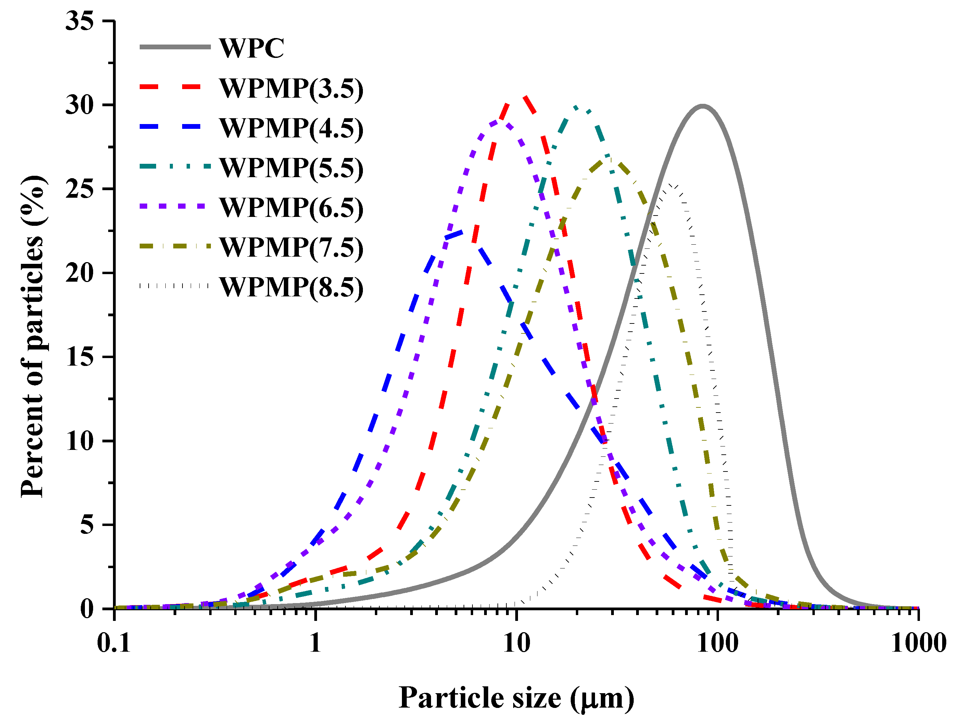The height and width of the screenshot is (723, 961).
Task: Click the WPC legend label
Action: (x=252, y=48)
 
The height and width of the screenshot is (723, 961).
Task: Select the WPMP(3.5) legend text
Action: (x=291, y=89)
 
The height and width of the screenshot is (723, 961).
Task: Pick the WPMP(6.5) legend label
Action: (x=291, y=207)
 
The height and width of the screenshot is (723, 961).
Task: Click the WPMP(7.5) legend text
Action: (x=291, y=247)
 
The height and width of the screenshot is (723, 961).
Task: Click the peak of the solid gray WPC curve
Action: (x=703, y=106)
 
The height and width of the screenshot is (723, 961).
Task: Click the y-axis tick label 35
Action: (x=79, y=21)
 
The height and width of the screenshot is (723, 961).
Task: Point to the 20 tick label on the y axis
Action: (x=79, y=273)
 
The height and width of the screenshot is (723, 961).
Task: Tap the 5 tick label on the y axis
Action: (x=87, y=525)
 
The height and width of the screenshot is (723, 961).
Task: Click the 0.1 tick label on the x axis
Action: (x=114, y=642)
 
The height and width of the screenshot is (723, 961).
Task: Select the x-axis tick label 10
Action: (x=517, y=642)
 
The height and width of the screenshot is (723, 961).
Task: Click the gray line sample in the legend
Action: (x=175, y=47)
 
